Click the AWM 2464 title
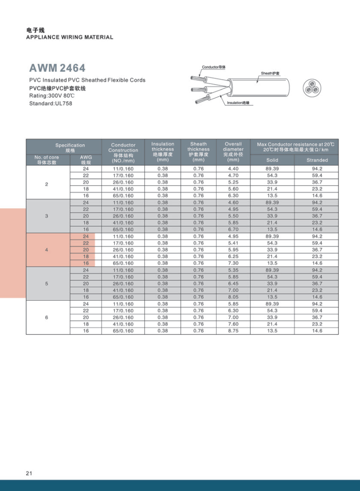(x=57, y=68)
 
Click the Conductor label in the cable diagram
(x=214, y=67)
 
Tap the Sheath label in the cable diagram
(x=270, y=73)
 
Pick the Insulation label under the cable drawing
(x=238, y=102)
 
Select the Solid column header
(x=272, y=160)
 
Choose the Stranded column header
(x=317, y=160)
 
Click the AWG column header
(x=86, y=159)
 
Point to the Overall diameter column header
(x=233, y=152)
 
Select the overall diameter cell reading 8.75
(x=233, y=330)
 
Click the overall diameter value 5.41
(x=233, y=243)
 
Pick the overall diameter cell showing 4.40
(x=233, y=169)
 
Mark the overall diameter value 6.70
(x=233, y=229)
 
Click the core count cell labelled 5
(x=47, y=284)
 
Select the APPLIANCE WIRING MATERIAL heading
(x=70, y=37)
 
